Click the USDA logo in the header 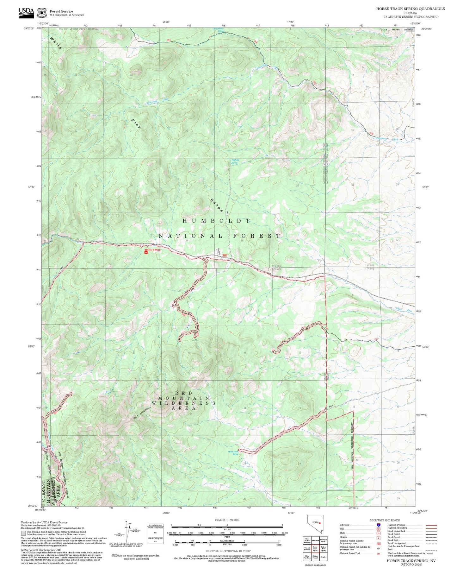(x=26, y=12)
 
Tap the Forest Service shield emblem (x=42, y=13)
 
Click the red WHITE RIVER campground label (x=152, y=250)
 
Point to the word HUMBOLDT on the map (x=217, y=221)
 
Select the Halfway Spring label (x=235, y=161)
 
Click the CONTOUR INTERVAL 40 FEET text (x=228, y=551)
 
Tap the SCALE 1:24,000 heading (x=227, y=520)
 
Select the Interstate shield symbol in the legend (x=378, y=525)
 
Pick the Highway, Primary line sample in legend (x=431, y=525)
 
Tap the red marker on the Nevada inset (x=320, y=523)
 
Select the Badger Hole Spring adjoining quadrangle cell (x=323, y=548)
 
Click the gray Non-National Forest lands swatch (x=23, y=533)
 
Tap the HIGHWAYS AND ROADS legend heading (x=385, y=520)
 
